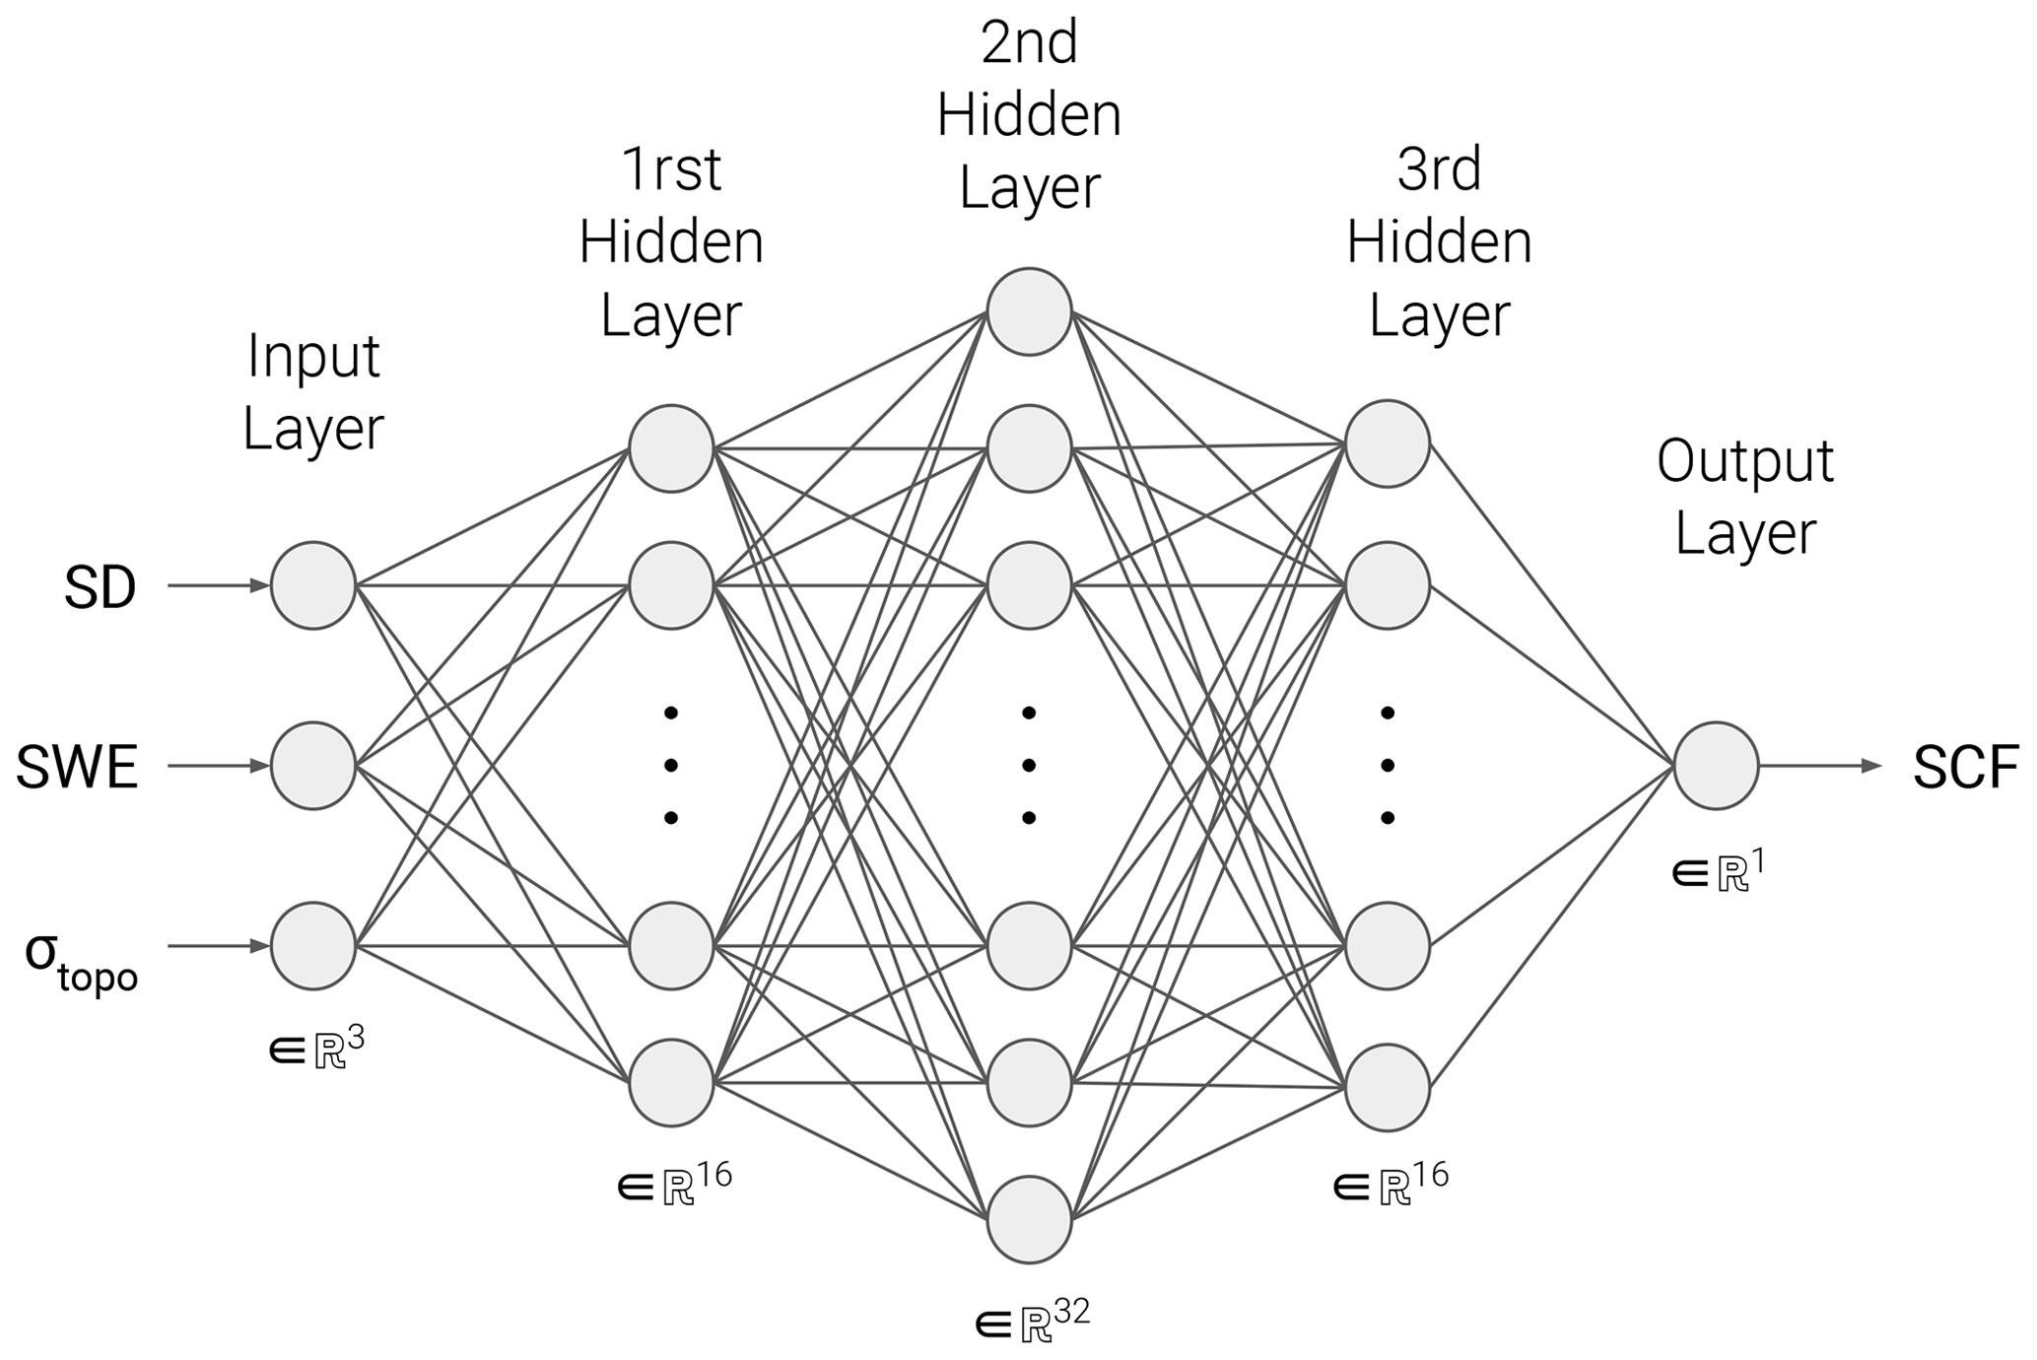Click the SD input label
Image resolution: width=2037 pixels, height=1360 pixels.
[x=100, y=588]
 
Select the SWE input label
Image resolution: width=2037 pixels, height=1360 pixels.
[x=77, y=768]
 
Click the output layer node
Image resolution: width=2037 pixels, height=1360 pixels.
[x=1716, y=766]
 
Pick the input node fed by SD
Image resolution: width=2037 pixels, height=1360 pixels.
[x=313, y=585]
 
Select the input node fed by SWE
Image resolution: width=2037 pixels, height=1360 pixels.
[x=313, y=766]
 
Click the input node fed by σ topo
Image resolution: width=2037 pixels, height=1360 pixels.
[x=313, y=946]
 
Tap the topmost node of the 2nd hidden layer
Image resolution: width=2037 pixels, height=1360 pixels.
[x=1029, y=311]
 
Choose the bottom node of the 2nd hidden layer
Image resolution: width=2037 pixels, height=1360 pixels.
[x=1029, y=1219]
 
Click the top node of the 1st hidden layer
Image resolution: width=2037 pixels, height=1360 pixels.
[x=671, y=448]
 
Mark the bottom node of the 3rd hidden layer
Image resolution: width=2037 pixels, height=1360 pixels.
[x=1388, y=1087]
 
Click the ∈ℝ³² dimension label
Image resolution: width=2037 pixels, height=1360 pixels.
[x=1032, y=1319]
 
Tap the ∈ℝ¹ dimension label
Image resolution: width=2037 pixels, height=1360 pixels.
[x=1719, y=870]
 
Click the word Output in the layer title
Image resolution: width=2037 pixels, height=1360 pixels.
[x=1744, y=460]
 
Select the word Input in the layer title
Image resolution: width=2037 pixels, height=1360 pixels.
[x=313, y=356]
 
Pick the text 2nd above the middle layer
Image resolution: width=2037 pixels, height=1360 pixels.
[x=1029, y=43]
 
